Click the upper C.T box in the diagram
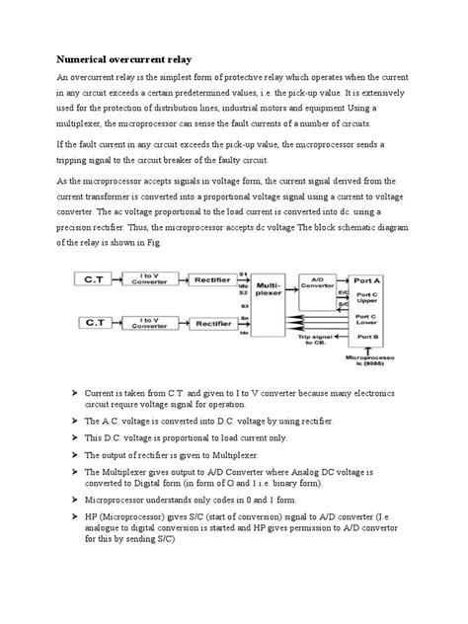click(94, 281)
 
